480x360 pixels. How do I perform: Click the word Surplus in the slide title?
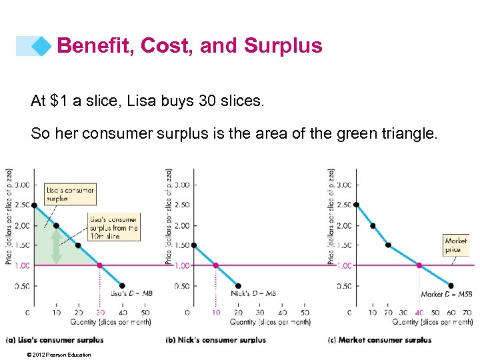(283, 45)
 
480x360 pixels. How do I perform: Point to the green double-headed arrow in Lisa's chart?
(57, 245)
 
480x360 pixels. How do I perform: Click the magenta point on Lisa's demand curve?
(100, 265)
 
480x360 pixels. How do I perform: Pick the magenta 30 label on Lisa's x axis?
(100, 312)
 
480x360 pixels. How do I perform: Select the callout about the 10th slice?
(113, 227)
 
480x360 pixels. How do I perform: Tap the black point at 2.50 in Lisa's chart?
(34, 205)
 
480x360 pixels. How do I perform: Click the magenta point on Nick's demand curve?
(215, 265)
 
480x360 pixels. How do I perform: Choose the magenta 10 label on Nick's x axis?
(215, 312)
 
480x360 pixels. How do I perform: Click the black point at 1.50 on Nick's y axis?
(193, 245)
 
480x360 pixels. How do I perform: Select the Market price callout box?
(455, 245)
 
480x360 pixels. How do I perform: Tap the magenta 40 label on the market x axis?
(419, 312)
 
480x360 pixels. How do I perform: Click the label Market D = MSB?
(447, 294)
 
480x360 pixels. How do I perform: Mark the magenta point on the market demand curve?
(419, 265)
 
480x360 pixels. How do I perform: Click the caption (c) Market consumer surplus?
(380, 340)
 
